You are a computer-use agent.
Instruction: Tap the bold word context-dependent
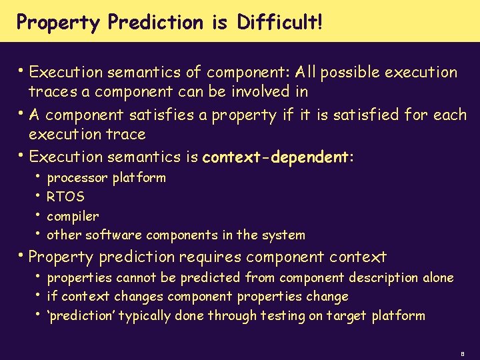[277, 157]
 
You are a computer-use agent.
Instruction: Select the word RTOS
[66, 197]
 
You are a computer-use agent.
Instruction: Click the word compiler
[73, 216]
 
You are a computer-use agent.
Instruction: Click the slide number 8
[462, 352]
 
